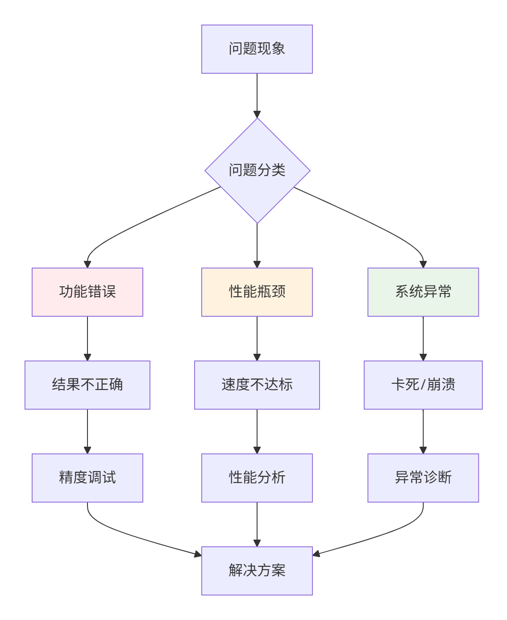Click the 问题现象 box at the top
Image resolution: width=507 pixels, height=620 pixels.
tap(257, 49)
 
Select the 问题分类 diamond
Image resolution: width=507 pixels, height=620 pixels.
tap(258, 171)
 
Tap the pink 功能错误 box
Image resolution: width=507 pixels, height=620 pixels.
tap(87, 292)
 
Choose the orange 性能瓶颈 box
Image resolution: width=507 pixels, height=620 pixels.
tap(257, 292)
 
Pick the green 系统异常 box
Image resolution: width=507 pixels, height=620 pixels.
tap(423, 292)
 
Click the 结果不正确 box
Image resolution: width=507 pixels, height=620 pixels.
tap(87, 385)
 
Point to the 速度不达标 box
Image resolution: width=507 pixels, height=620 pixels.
tap(257, 385)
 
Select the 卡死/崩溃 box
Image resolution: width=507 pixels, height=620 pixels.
tap(423, 385)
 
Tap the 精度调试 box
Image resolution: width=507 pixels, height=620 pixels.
tap(87, 478)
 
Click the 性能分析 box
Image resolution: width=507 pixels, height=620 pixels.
tap(257, 478)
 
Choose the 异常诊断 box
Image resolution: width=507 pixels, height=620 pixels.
tap(423, 478)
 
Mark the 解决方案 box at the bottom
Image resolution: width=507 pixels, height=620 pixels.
tap(257, 570)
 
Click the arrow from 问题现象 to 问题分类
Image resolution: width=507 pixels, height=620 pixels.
tap(257, 96)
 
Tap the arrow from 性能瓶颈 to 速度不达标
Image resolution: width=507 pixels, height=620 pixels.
tap(257, 339)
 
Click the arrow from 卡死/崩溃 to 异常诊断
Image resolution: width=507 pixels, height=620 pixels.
tap(423, 431)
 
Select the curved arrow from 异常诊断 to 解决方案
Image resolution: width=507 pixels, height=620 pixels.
tap(382, 536)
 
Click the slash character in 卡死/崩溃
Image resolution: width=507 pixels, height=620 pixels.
tap(423, 385)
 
